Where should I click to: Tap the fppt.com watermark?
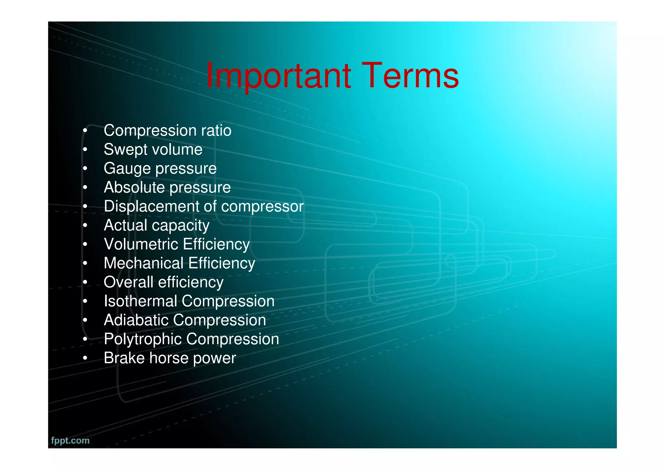point(70,440)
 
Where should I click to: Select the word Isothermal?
point(141,301)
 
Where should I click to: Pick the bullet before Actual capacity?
point(85,226)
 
